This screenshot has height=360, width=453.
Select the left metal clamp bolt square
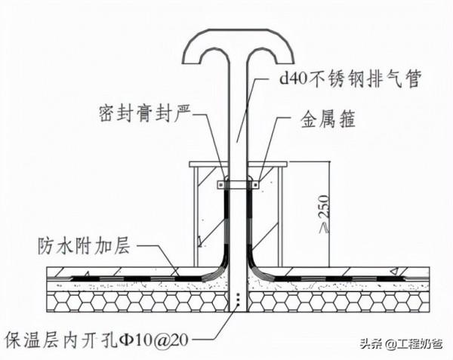click(221, 183)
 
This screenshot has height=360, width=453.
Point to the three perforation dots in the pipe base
click(239, 300)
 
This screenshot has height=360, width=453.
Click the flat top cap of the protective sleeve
click(239, 163)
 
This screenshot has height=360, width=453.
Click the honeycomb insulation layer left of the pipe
click(136, 302)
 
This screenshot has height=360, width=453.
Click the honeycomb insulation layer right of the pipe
click(340, 302)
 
